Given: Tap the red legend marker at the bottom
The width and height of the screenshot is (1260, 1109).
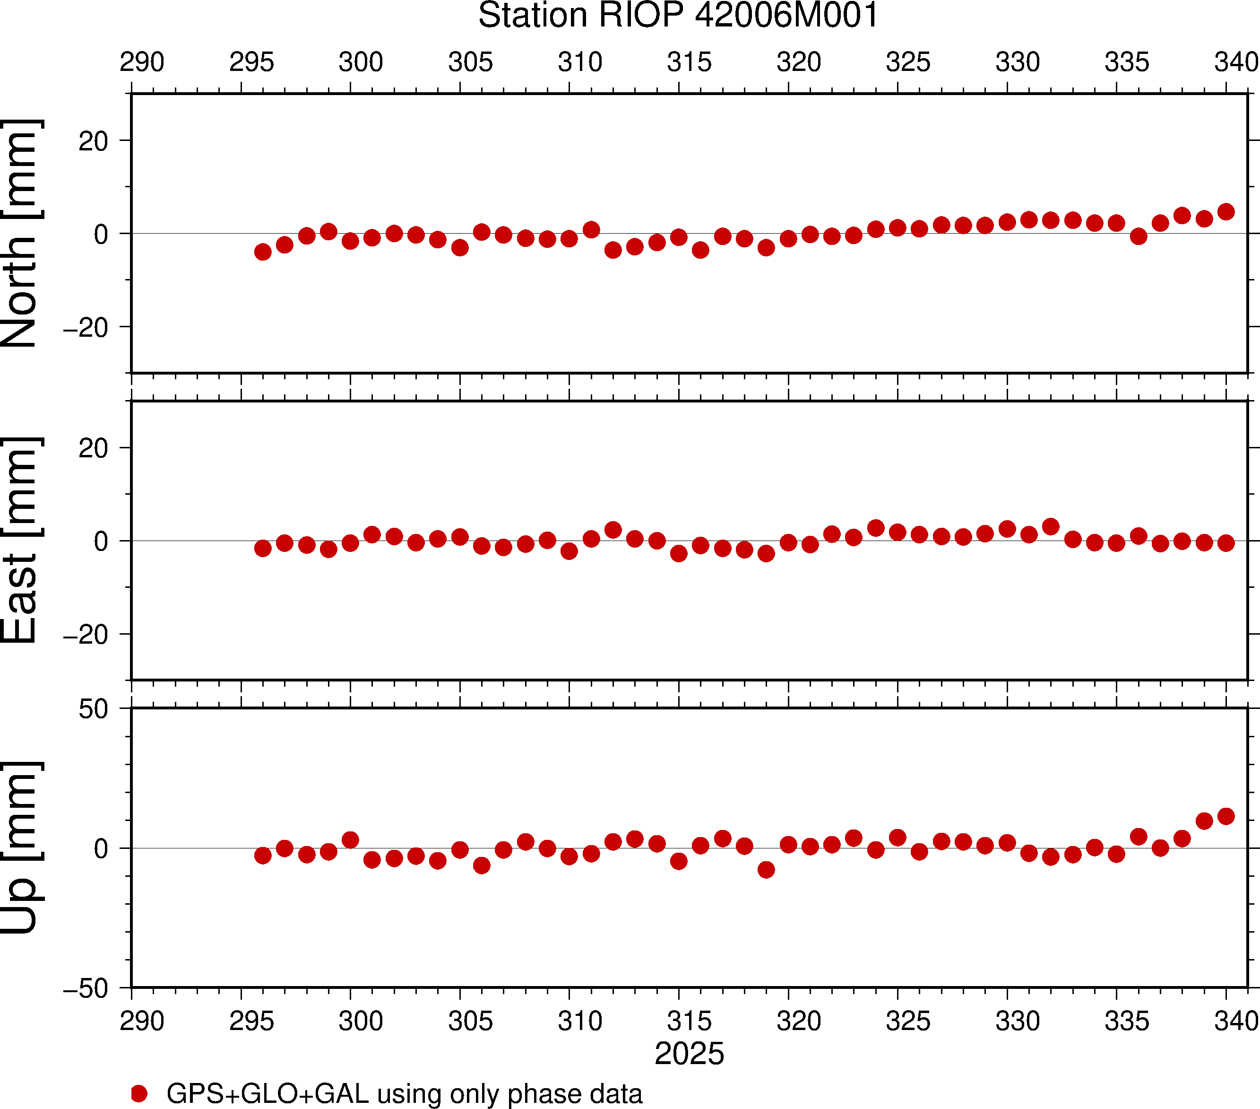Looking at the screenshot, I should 139,1093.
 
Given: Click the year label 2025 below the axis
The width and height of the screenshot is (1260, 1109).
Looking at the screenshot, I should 689,1054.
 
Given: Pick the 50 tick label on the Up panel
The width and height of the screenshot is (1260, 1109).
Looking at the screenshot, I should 93,709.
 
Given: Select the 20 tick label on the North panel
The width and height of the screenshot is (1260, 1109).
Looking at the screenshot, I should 93,142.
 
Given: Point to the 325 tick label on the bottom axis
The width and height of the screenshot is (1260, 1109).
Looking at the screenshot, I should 908,1021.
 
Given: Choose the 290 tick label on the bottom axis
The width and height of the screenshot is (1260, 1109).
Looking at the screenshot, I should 142,1021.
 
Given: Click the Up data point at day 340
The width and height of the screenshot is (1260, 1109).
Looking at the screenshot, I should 1226,816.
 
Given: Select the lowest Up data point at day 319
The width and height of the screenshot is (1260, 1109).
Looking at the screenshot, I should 766,870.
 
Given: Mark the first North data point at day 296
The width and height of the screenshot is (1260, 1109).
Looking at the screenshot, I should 263,252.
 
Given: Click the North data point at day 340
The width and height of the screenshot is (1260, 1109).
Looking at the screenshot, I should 1226,211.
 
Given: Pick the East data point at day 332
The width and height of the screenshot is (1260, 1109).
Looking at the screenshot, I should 1051,526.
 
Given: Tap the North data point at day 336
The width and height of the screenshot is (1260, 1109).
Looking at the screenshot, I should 1139,236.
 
